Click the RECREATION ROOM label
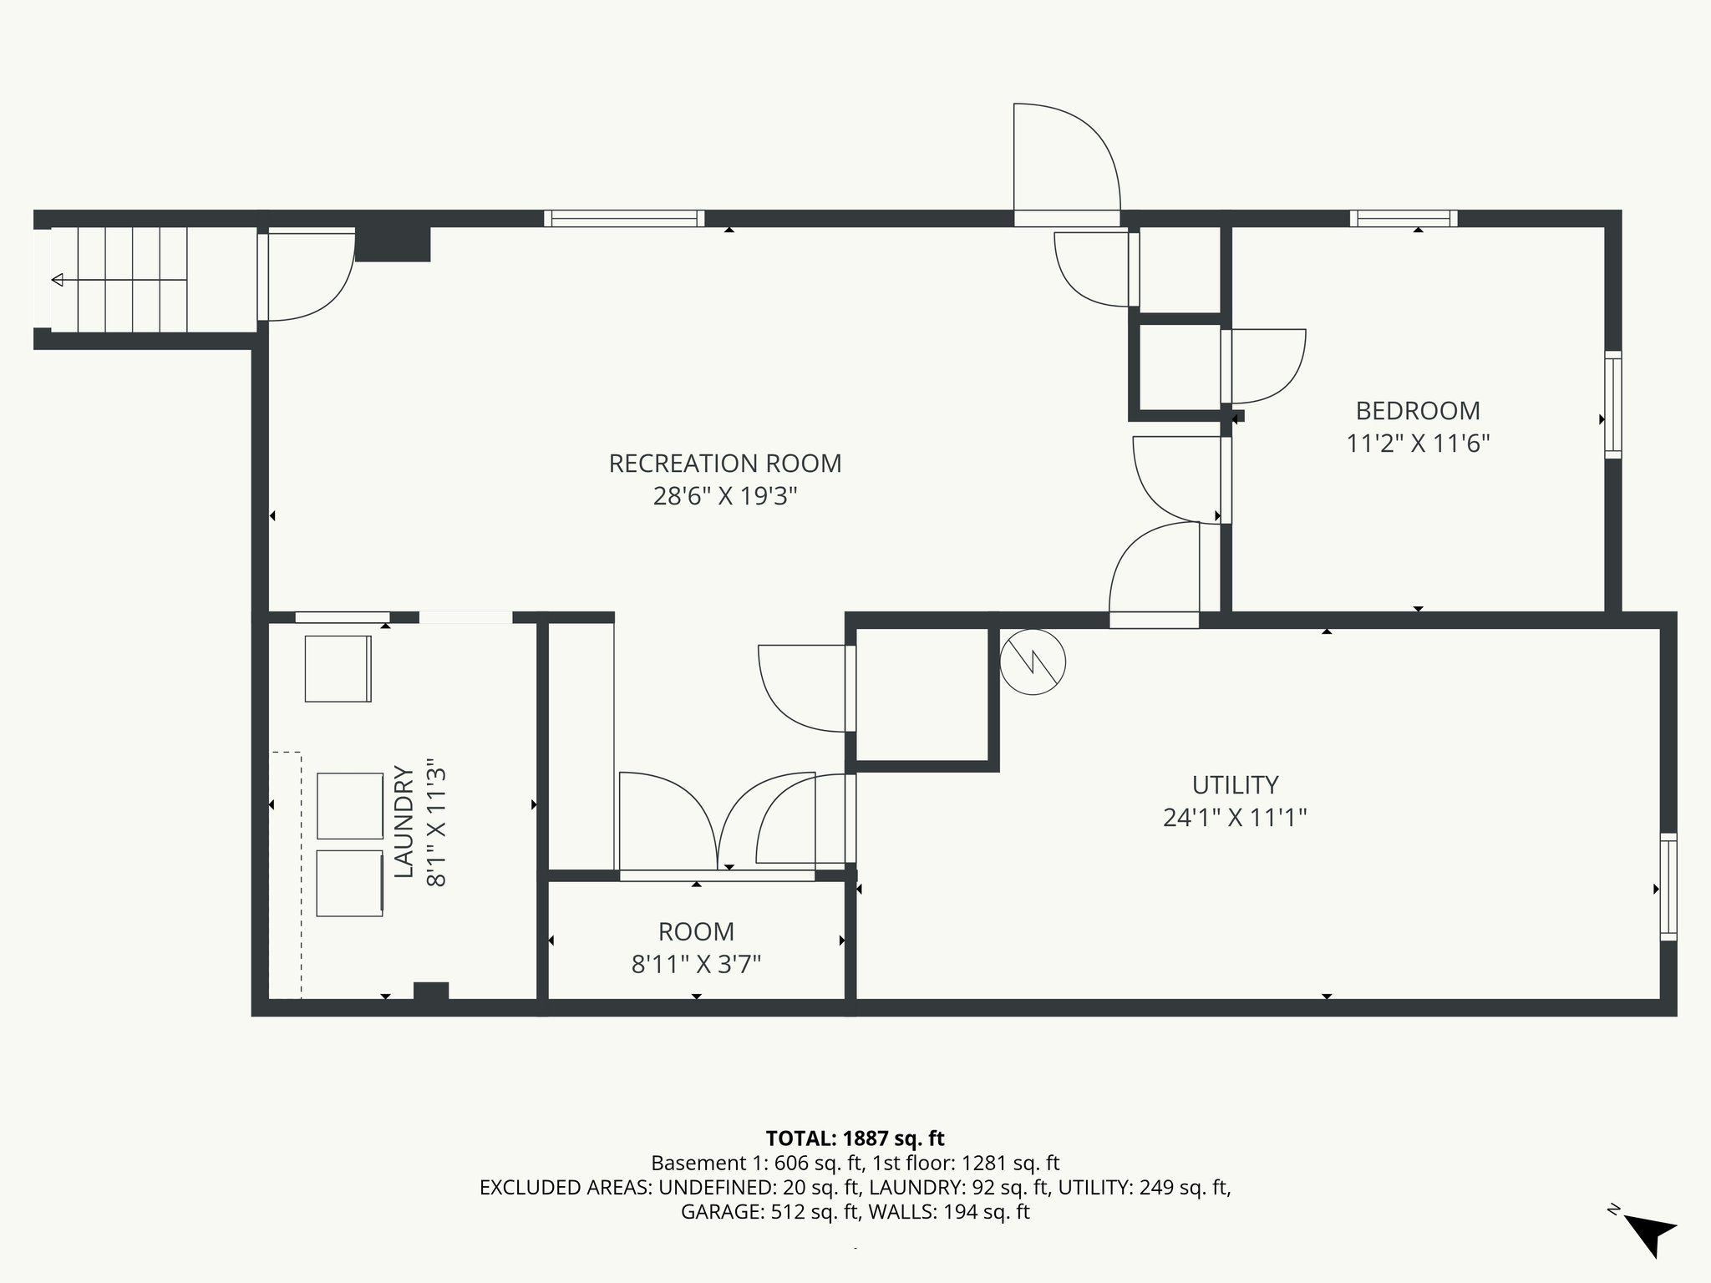pos(724,464)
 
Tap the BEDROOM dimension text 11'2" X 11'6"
pos(1418,443)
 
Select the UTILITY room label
pos(1235,785)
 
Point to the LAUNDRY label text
pos(404,822)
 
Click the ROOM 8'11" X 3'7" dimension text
pos(696,965)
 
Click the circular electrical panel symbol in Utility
pos(1033,662)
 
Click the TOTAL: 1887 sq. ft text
pos(855,1138)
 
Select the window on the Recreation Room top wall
pos(624,219)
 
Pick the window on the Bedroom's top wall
pos(1404,219)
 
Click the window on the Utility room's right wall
pos(1668,887)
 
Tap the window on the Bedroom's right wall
pos(1612,405)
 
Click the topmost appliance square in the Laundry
pos(338,668)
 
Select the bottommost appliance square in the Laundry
pos(349,883)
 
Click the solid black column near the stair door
pos(393,244)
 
